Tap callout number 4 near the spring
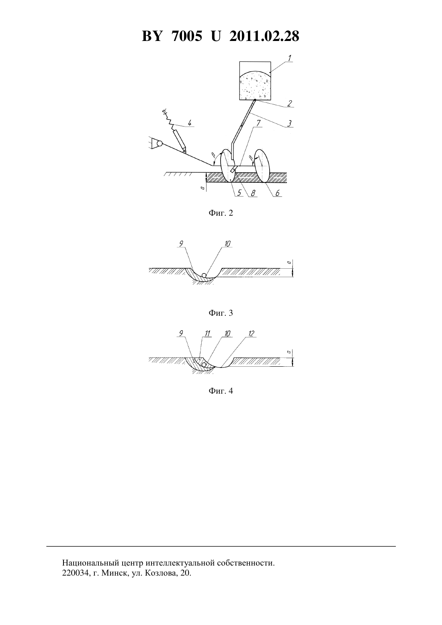tap(190, 123)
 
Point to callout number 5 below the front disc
tap(239, 193)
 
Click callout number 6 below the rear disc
tap(278, 193)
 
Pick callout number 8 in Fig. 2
tap(253, 193)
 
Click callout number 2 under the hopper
tap(289, 104)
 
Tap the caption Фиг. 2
tap(221, 213)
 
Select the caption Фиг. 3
tap(221, 313)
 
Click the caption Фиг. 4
tap(221, 391)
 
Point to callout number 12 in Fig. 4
tap(252, 333)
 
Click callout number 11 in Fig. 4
tap(207, 333)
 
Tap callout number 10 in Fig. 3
tap(227, 243)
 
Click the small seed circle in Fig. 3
tap(204, 276)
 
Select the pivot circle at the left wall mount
tap(160, 144)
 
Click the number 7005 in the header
tap(186, 36)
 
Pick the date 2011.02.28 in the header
tap(264, 36)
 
